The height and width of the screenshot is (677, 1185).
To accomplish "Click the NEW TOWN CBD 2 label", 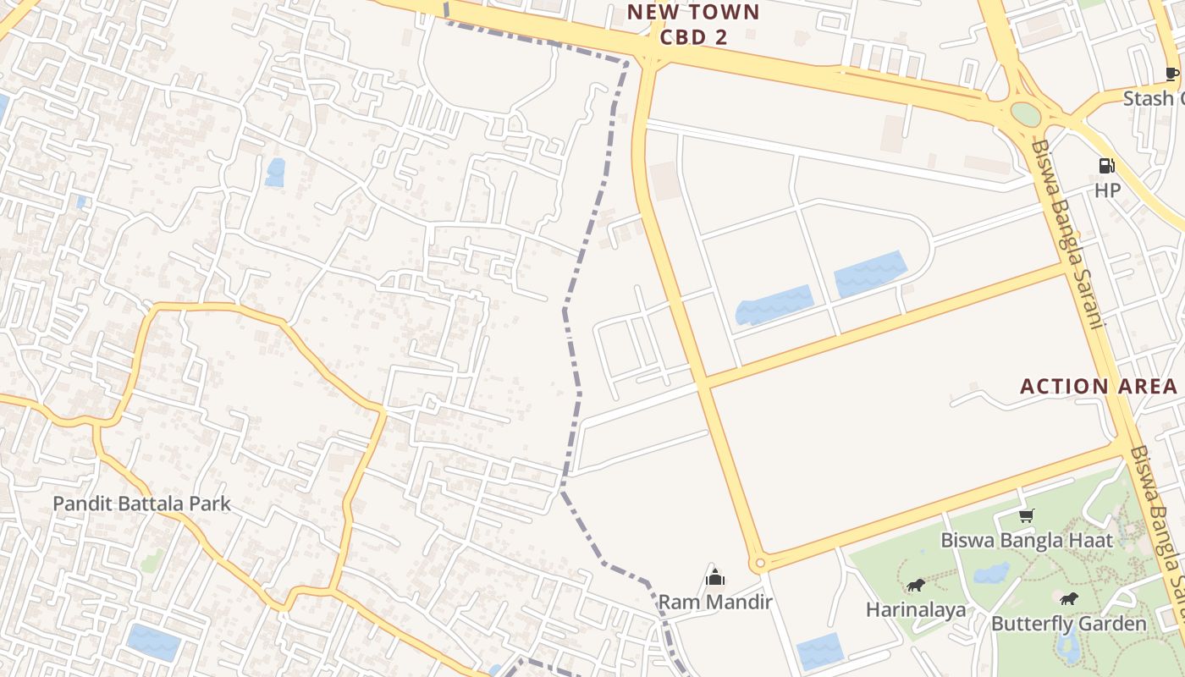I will [x=693, y=25].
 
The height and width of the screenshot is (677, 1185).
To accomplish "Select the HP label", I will [x=1107, y=190].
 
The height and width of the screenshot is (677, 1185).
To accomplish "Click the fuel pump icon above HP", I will [x=1106, y=166].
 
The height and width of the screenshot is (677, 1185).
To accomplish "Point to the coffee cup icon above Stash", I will [x=1172, y=74].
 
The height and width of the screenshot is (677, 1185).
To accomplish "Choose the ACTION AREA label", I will [x=1098, y=387].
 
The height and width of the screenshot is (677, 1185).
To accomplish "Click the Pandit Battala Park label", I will [x=141, y=504].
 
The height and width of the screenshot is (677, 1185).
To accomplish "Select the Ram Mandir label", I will [x=715, y=603].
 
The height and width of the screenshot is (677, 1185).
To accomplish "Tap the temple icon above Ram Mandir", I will [x=715, y=578].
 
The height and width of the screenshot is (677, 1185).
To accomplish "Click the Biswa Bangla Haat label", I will [x=1027, y=540].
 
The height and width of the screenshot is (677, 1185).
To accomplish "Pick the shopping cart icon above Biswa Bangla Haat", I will [x=1027, y=515].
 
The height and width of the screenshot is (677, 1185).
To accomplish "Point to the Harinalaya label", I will [x=915, y=609].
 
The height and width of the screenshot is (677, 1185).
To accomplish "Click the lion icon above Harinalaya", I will [x=915, y=585].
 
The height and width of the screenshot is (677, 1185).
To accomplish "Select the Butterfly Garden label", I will [x=1068, y=624].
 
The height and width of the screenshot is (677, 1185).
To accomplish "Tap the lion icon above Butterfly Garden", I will [x=1068, y=599].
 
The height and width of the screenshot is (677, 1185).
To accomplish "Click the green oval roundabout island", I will [x=1025, y=114].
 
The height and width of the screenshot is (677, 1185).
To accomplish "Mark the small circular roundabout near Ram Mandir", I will [x=759, y=563].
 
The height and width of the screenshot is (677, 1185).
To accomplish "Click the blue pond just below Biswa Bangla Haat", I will [x=991, y=573].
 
